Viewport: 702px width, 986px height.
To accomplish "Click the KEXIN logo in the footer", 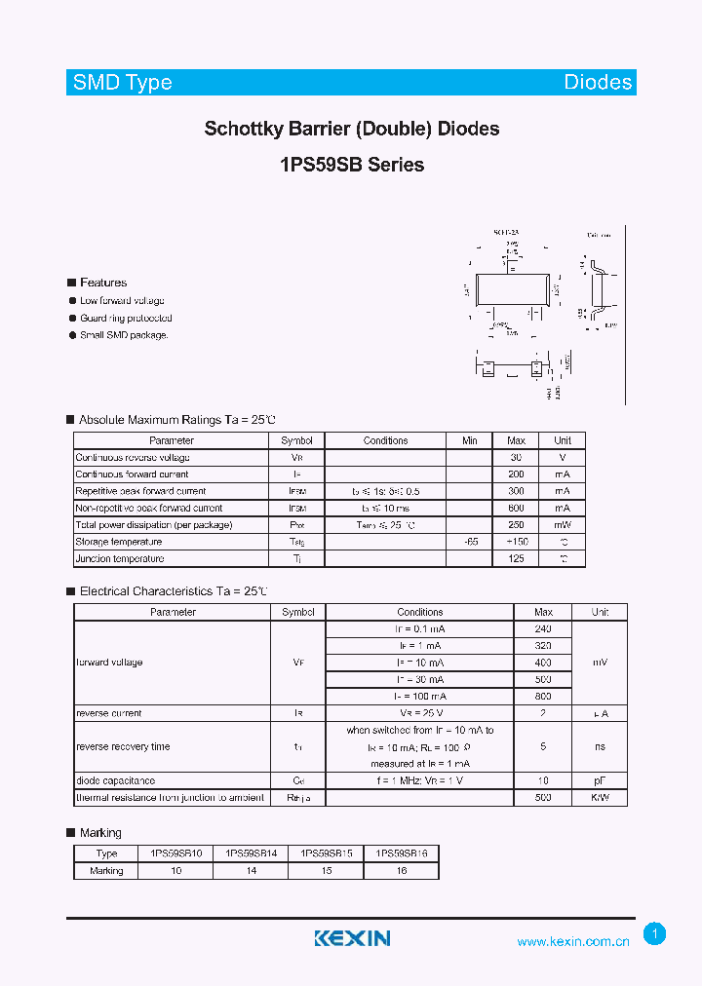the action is pyautogui.click(x=352, y=938).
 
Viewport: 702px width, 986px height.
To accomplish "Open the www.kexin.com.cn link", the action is pyautogui.click(x=573, y=941).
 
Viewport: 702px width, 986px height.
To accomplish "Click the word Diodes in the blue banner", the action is pyautogui.click(x=598, y=83).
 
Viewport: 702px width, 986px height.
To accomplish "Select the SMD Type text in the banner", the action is pyautogui.click(x=123, y=83).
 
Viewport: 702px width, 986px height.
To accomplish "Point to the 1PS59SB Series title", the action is pyautogui.click(x=352, y=165).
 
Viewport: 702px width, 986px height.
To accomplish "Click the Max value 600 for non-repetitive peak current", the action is pyautogui.click(x=516, y=508).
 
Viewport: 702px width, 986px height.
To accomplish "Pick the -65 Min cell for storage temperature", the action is pyautogui.click(x=470, y=542).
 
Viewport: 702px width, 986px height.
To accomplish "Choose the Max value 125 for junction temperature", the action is pyautogui.click(x=516, y=558).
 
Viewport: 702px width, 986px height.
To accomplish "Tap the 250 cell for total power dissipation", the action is pyautogui.click(x=516, y=525).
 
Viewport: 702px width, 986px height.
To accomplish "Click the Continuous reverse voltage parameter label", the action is pyautogui.click(x=133, y=457).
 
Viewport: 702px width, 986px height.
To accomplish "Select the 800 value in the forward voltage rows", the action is pyautogui.click(x=543, y=696).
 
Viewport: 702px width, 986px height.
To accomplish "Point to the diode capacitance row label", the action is pyautogui.click(x=115, y=780).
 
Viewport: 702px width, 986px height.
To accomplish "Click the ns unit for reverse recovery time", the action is pyautogui.click(x=600, y=746).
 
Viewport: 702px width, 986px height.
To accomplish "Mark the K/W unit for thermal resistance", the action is pyautogui.click(x=600, y=797).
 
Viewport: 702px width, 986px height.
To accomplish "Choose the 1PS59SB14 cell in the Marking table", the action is pyautogui.click(x=252, y=853).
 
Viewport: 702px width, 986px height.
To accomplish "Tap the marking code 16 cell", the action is pyautogui.click(x=402, y=870).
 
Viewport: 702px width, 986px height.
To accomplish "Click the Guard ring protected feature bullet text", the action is pyautogui.click(x=126, y=318).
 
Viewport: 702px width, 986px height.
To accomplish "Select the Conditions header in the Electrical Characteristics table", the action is pyautogui.click(x=419, y=612).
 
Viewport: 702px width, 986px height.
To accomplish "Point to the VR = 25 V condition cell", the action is pyautogui.click(x=419, y=713).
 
